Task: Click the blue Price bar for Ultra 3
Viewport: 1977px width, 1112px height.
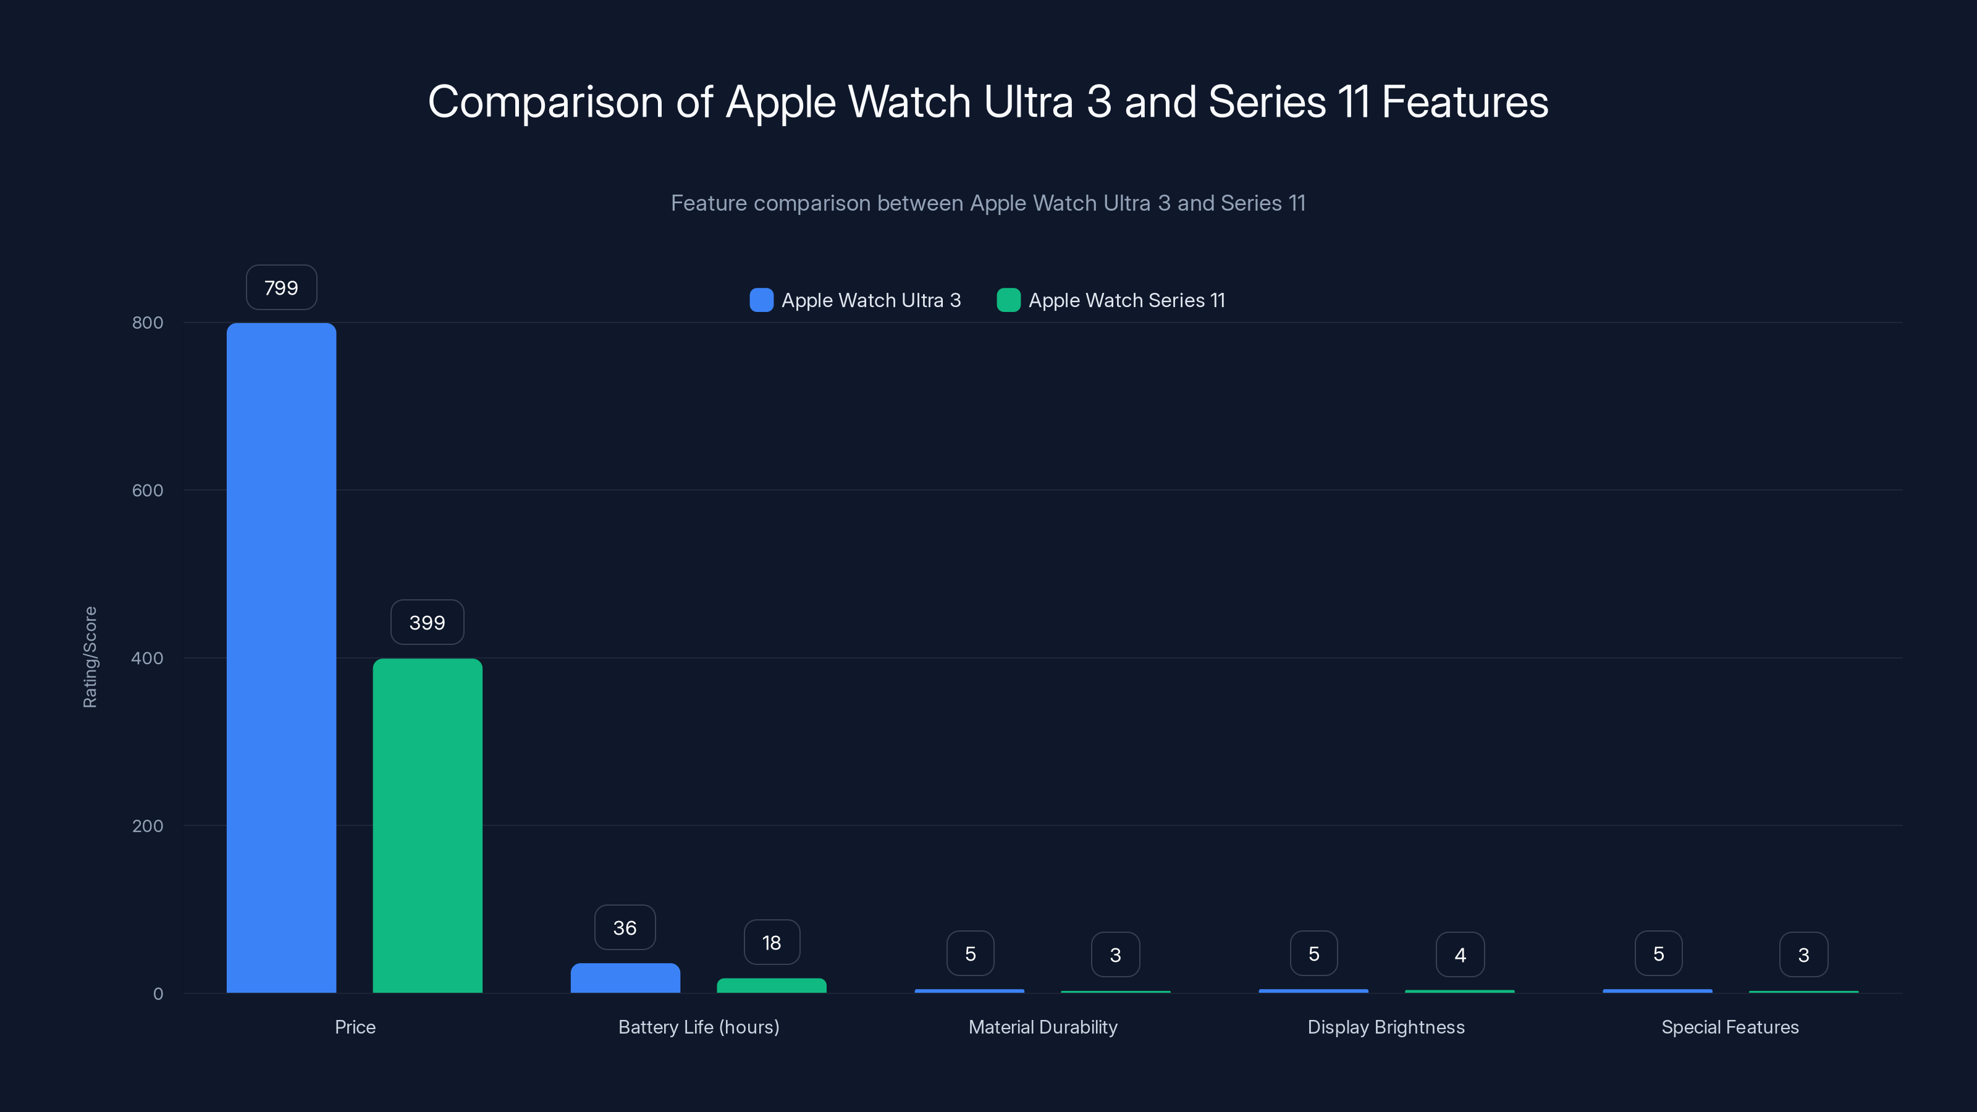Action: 281,658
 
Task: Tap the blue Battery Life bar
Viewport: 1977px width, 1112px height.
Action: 625,978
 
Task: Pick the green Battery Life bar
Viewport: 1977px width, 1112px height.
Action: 771,985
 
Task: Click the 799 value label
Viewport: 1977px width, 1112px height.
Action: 281,288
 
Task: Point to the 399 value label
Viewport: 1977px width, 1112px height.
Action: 427,622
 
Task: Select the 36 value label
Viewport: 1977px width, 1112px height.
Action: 625,928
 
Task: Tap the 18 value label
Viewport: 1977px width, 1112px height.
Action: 771,942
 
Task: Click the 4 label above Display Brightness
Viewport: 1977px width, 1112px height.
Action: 1460,954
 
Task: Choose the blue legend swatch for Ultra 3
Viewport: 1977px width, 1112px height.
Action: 761,300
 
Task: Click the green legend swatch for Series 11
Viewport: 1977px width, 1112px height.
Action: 1008,300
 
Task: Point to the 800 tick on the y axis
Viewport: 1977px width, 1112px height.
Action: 148,322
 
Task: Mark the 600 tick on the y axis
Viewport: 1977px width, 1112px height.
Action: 148,491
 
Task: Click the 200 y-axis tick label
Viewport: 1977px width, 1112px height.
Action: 148,826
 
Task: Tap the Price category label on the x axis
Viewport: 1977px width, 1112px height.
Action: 355,1027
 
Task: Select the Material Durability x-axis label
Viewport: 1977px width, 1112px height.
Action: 1042,1027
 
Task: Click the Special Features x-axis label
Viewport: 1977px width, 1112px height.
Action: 1729,1027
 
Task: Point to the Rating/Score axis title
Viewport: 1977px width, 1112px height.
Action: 90,657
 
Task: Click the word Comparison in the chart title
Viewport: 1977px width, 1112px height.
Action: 545,102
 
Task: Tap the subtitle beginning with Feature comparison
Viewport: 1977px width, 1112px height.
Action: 988,203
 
